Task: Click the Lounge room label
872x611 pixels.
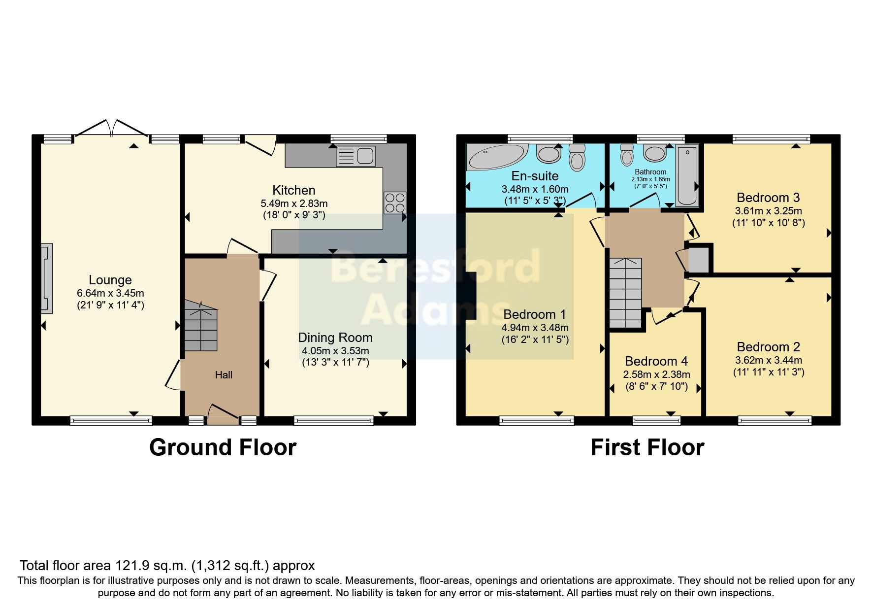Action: pyautogui.click(x=110, y=280)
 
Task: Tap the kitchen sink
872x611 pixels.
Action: pyautogui.click(x=356, y=156)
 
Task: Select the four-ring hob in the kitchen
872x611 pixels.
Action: pyautogui.click(x=395, y=203)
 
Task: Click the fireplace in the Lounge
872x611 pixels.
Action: pyautogui.click(x=46, y=278)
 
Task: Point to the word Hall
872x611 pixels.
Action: pyautogui.click(x=224, y=375)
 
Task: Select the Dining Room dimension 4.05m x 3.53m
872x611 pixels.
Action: pyautogui.click(x=335, y=351)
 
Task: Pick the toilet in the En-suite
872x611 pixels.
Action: pyautogui.click(x=578, y=157)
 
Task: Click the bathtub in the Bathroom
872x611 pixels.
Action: pyautogui.click(x=687, y=176)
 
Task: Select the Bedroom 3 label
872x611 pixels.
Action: pyautogui.click(x=768, y=198)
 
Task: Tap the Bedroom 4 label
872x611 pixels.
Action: pyautogui.click(x=656, y=361)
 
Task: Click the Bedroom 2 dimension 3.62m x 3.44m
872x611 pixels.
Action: pyautogui.click(x=769, y=360)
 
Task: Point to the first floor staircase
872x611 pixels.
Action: pyautogui.click(x=626, y=293)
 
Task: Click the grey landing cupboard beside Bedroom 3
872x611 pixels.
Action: pyautogui.click(x=698, y=260)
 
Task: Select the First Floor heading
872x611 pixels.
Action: pyautogui.click(x=647, y=447)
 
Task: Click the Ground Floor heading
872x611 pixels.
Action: pyautogui.click(x=223, y=447)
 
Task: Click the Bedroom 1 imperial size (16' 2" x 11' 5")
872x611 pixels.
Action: pyautogui.click(x=535, y=339)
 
